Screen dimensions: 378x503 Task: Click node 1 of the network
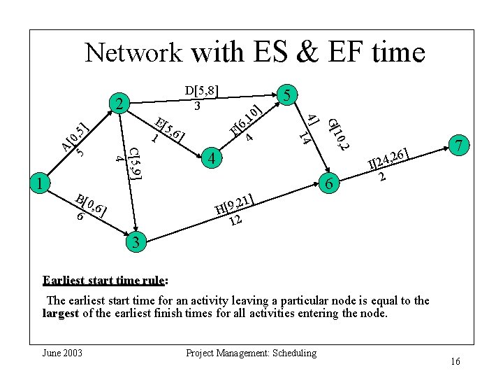(x=41, y=184)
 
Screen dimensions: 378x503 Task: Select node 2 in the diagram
(x=122, y=104)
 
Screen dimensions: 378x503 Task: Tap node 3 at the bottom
(x=136, y=242)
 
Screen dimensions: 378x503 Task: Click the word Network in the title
(x=133, y=52)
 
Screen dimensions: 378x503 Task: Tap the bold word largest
(x=61, y=314)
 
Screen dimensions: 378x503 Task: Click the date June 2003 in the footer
(x=63, y=353)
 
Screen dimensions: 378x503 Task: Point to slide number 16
(x=455, y=361)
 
